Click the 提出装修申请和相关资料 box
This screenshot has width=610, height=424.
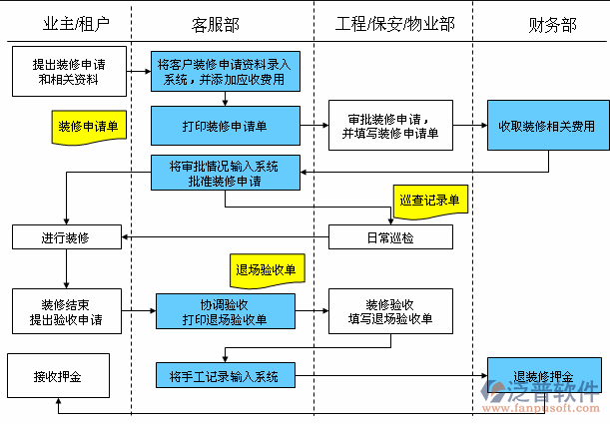66,70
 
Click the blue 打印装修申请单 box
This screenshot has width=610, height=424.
226,127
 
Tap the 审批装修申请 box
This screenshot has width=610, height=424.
390,126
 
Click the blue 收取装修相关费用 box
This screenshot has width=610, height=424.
547,126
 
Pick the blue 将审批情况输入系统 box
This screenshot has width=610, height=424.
226,173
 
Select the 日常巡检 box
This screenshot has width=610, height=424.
390,236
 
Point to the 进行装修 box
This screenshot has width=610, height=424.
66,236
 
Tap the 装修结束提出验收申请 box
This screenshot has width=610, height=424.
66,311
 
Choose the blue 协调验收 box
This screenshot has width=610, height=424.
226,311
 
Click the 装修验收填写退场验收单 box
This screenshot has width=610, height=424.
390,311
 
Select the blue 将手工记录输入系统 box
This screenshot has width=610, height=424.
226,375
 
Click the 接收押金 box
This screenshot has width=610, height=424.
57,376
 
